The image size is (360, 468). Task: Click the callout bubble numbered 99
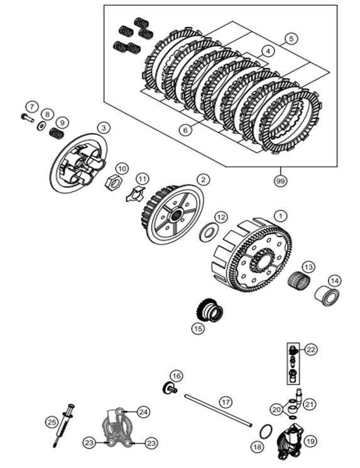(x=280, y=181)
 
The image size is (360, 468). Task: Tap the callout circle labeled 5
(x=291, y=38)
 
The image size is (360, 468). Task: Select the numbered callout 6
(x=185, y=130)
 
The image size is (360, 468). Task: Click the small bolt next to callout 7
(x=27, y=117)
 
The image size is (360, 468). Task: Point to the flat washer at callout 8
(x=41, y=126)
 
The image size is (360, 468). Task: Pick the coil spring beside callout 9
(x=57, y=133)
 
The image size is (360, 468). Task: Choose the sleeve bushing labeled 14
(x=327, y=296)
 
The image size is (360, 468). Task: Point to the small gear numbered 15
(x=210, y=312)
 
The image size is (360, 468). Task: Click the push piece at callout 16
(x=170, y=388)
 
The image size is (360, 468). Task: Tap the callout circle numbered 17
(x=226, y=402)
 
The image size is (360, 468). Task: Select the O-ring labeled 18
(x=266, y=432)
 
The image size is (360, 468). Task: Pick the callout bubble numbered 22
(x=311, y=349)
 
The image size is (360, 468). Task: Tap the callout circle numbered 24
(x=143, y=412)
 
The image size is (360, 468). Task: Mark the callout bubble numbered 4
(x=268, y=51)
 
